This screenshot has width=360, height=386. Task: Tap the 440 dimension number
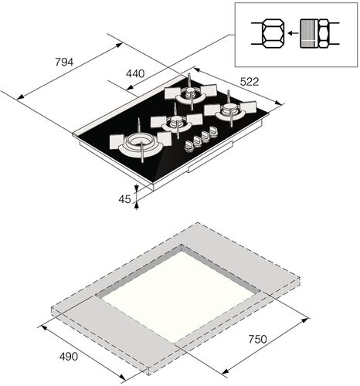(x=134, y=73)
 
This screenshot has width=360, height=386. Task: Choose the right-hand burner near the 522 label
(x=229, y=112)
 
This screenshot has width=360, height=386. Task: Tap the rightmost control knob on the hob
(x=214, y=135)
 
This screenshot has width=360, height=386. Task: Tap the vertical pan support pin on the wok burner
(x=140, y=126)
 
